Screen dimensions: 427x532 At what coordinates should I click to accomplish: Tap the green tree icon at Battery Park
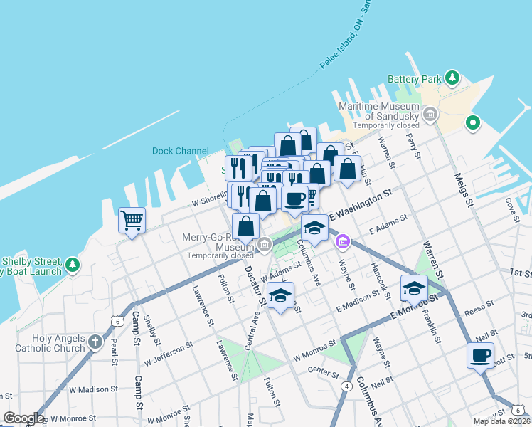(452, 77)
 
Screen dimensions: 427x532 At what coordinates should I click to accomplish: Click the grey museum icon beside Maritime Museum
(430, 114)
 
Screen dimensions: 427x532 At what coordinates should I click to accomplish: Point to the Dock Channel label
(181, 151)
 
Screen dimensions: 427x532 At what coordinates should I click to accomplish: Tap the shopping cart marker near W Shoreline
(132, 219)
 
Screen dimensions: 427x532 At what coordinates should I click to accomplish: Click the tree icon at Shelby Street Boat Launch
(72, 265)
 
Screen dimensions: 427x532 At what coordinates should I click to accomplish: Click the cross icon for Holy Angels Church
(95, 343)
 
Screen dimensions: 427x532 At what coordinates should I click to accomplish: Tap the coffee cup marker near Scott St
(480, 354)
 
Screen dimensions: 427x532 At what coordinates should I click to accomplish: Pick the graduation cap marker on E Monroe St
(414, 288)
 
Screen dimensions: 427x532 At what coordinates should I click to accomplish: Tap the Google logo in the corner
(23, 418)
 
